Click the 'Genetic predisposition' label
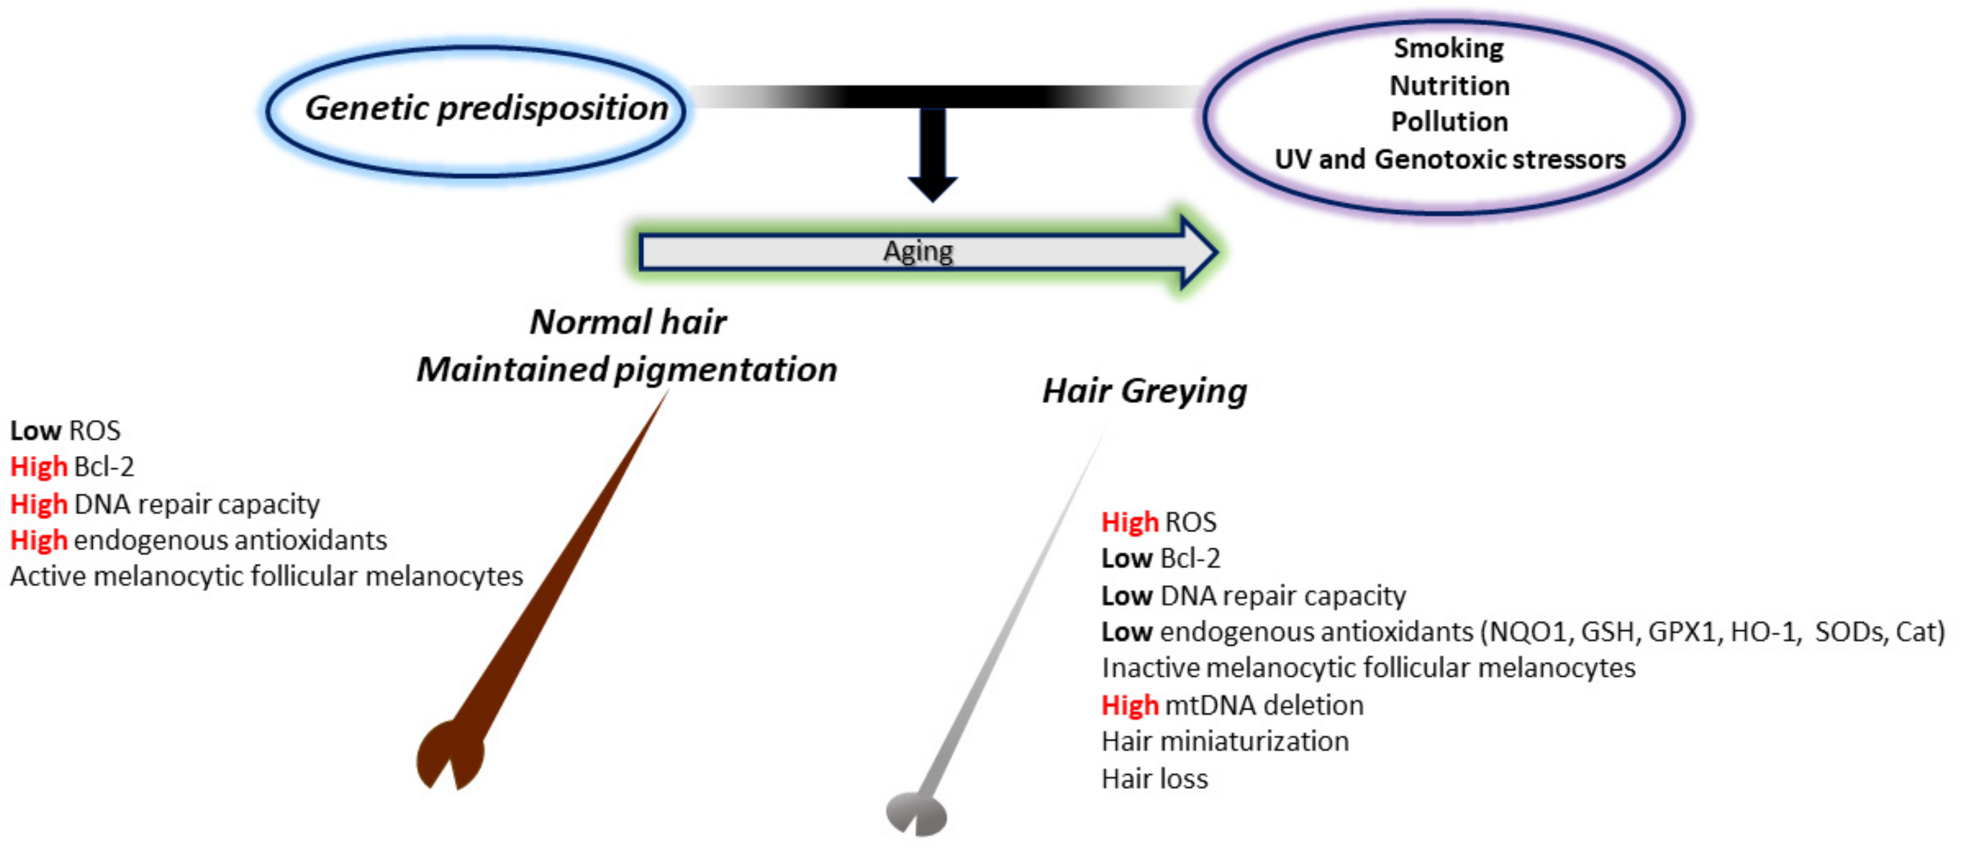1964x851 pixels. (486, 108)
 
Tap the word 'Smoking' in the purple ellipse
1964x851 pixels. (1449, 48)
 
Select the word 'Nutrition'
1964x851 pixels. (1449, 85)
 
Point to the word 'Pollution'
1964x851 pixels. (1449, 122)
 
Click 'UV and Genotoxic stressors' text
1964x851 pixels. (1449, 159)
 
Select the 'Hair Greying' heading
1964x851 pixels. (1144, 391)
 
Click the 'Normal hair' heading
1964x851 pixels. (628, 322)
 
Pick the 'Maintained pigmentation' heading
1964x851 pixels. (627, 370)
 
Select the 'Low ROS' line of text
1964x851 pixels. (65, 431)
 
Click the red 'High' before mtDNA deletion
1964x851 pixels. (1129, 705)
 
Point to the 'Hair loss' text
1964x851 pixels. (1155, 779)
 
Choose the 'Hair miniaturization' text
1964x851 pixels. (1225, 742)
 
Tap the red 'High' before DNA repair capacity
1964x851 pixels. (39, 505)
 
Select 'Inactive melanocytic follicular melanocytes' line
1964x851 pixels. (1368, 668)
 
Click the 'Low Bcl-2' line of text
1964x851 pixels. (1160, 559)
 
